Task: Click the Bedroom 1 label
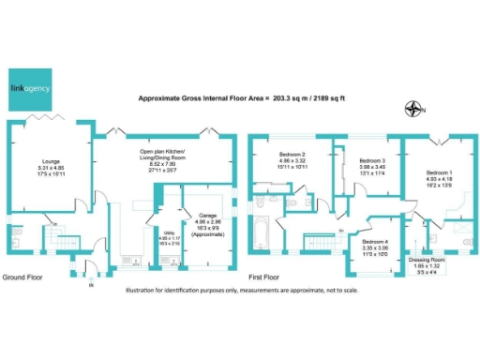tap(440, 173)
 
